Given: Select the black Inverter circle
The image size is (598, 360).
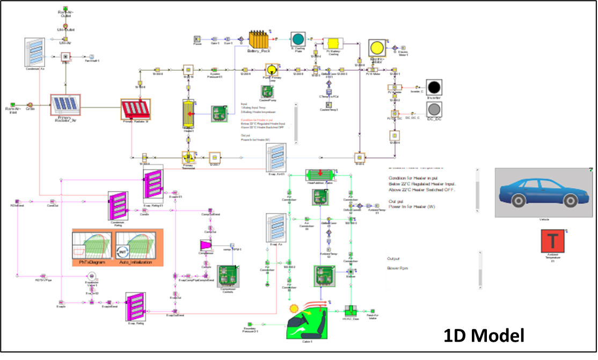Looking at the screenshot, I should [435, 87].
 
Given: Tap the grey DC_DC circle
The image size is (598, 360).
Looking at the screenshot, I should [435, 111].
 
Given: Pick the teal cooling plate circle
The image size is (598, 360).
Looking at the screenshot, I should [297, 39].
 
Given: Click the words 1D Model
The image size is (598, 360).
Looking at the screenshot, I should [484, 336].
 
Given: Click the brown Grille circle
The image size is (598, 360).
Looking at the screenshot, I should [31, 105].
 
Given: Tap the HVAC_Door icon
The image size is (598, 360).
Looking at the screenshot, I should [350, 311].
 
